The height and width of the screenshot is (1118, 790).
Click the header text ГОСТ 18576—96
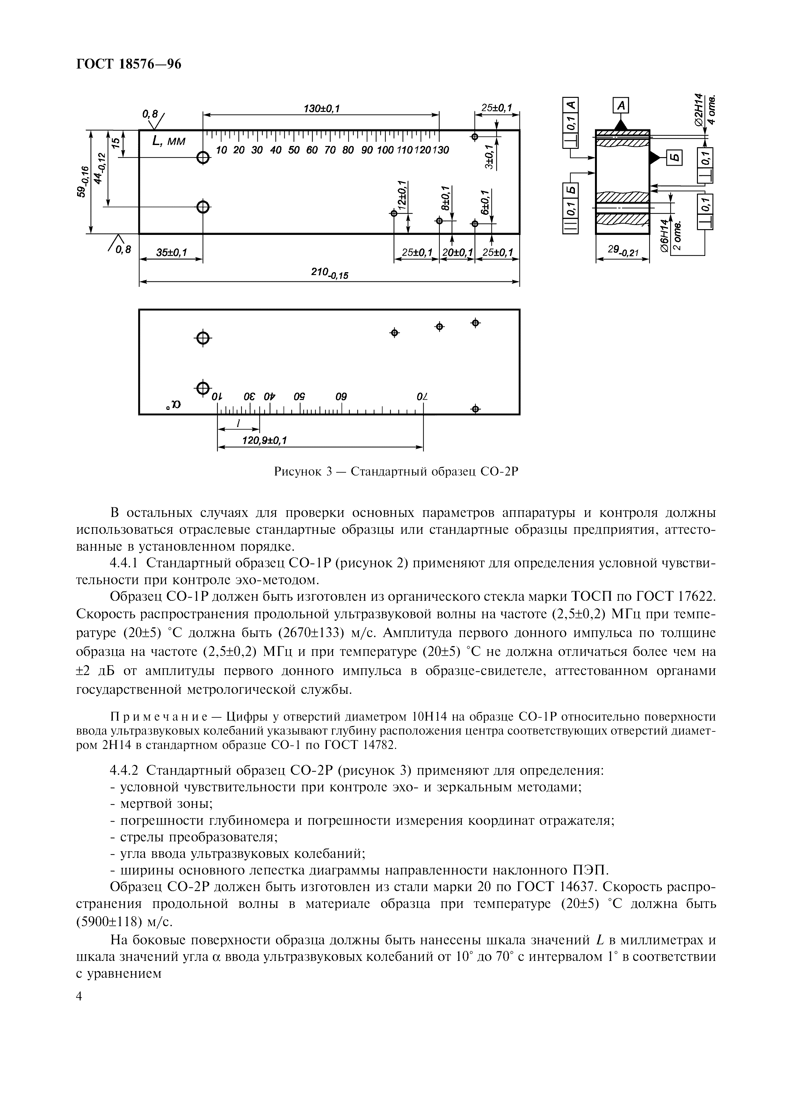point(129,64)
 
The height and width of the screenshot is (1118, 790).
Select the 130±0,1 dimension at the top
point(321,109)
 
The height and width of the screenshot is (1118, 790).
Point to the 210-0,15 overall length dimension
point(330,275)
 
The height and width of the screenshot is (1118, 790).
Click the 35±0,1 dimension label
point(171,252)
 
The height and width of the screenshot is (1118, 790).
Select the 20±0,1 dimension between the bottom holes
point(457,252)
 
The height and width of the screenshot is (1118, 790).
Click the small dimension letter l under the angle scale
point(238,424)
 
